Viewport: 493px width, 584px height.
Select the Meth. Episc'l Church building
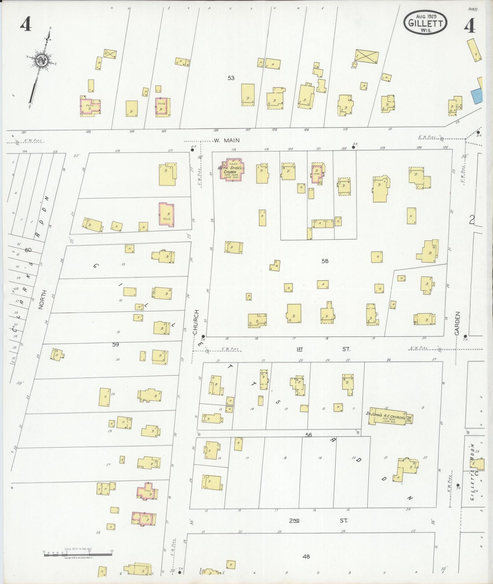[233, 170]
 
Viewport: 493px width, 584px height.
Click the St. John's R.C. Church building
[390, 416]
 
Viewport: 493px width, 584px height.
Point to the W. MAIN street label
[227, 140]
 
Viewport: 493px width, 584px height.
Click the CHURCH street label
[196, 322]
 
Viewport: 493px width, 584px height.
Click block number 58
[324, 261]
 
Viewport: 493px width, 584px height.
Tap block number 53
[231, 78]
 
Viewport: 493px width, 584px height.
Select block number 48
[306, 556]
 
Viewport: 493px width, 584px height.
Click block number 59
[116, 344]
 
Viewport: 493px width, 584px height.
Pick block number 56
[309, 435]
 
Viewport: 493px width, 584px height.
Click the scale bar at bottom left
[78, 555]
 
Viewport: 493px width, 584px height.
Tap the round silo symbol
[354, 64]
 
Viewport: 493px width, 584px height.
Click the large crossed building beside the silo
[367, 57]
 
